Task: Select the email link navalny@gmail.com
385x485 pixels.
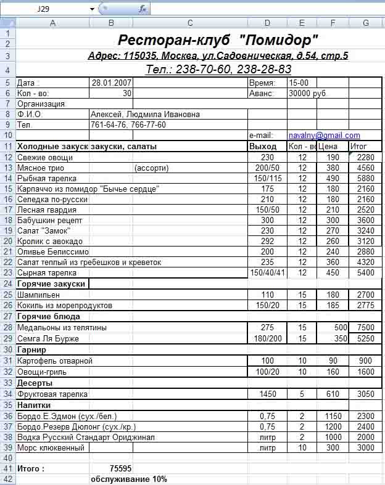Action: tap(324, 135)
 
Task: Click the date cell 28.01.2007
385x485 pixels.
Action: tap(110, 82)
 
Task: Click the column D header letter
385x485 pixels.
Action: tap(267, 23)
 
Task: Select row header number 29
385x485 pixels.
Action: tap(7, 338)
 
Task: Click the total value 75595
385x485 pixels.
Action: tap(120, 468)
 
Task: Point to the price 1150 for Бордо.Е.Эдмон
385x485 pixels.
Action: tap(333, 416)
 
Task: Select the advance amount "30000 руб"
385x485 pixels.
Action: tap(307, 93)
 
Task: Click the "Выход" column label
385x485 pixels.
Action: tap(262, 146)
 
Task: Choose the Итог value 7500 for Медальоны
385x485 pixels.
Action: tap(365, 327)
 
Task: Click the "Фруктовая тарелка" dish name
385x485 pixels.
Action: tap(52, 394)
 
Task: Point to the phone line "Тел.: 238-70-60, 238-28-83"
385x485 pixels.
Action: tap(218, 69)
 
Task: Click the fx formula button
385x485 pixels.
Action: tap(143, 9)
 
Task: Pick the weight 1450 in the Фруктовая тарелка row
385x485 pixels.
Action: tap(267, 394)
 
